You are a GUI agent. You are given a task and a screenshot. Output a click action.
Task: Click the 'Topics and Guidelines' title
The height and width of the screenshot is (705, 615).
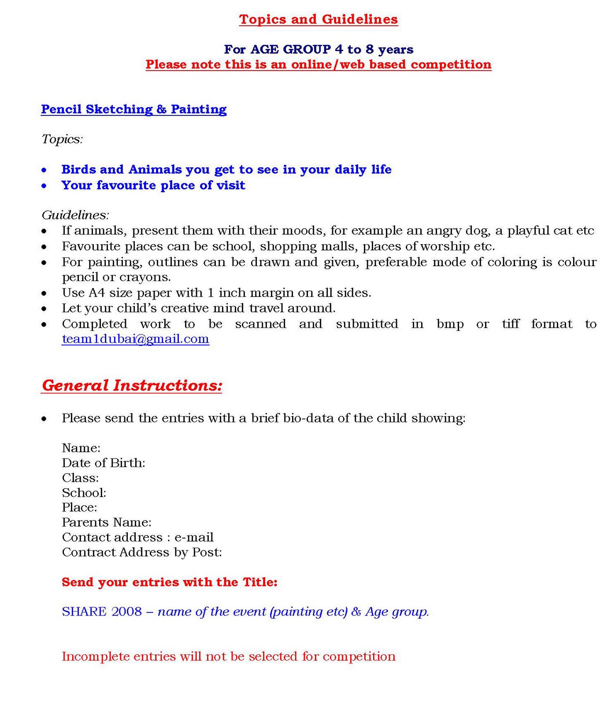click(318, 19)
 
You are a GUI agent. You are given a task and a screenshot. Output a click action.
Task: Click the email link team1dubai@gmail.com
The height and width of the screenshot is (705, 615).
click(135, 339)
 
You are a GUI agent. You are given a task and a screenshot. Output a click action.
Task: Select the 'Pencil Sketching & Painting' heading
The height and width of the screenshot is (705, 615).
click(133, 109)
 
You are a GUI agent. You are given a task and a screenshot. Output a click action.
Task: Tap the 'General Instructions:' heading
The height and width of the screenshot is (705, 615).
click(132, 386)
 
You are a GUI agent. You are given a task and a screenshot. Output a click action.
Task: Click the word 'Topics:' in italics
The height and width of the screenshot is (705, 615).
click(62, 139)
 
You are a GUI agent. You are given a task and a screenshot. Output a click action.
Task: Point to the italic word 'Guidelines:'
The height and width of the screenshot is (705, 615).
click(75, 215)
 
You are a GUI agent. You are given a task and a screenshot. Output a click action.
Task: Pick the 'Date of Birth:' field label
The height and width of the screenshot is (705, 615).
click(104, 463)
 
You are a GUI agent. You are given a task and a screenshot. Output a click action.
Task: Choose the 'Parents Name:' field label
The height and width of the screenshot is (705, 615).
click(107, 523)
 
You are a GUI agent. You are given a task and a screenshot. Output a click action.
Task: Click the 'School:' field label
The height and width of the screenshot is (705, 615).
click(84, 493)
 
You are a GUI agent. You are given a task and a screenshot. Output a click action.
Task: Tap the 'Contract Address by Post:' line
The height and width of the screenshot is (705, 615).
click(142, 553)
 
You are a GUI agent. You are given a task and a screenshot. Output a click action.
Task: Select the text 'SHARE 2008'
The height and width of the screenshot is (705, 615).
click(102, 612)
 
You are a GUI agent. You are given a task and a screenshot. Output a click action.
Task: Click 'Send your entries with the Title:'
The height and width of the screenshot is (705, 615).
click(170, 582)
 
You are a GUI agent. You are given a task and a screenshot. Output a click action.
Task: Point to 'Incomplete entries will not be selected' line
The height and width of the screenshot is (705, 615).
click(229, 657)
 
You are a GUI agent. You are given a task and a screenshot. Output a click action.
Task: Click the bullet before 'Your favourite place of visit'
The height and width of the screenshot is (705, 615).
click(44, 186)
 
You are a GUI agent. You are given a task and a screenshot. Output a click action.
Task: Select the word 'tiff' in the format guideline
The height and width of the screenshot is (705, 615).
click(511, 324)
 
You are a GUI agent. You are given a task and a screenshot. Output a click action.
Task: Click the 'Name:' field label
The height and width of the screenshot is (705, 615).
click(81, 448)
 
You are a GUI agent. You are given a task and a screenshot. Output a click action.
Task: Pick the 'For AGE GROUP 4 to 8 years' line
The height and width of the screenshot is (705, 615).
click(318, 49)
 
